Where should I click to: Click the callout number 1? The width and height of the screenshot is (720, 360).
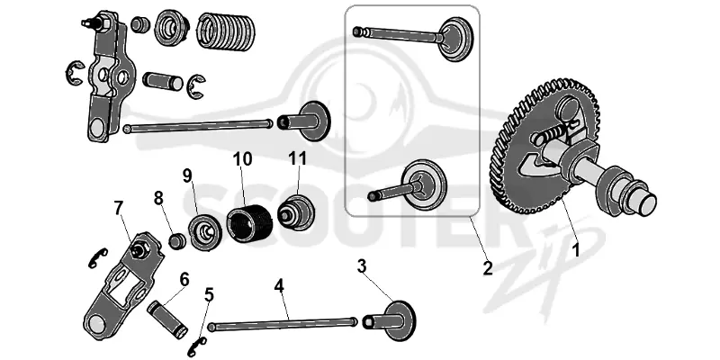pyautogui.click(x=575, y=251)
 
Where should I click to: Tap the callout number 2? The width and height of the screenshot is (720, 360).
pyautogui.click(x=487, y=267)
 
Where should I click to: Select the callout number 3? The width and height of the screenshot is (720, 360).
pyautogui.click(x=362, y=266)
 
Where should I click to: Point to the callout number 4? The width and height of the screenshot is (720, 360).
pyautogui.click(x=279, y=286)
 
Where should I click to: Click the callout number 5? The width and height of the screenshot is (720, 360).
pyautogui.click(x=209, y=295)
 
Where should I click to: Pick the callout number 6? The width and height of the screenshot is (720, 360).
pyautogui.click(x=184, y=279)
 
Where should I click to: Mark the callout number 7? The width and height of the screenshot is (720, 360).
pyautogui.click(x=119, y=208)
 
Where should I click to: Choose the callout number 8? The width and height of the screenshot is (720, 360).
pyautogui.click(x=158, y=199)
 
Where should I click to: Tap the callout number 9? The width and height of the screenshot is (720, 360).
pyautogui.click(x=187, y=175)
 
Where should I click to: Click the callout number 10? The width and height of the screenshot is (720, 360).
pyautogui.click(x=242, y=159)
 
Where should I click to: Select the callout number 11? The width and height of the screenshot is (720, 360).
pyautogui.click(x=297, y=158)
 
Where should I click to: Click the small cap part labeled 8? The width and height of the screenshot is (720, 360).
pyautogui.click(x=177, y=241)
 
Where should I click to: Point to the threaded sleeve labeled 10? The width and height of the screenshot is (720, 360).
pyautogui.click(x=250, y=224)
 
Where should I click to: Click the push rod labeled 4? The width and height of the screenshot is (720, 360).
pyautogui.click(x=283, y=324)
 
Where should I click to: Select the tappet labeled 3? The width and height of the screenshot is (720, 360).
pyautogui.click(x=390, y=321)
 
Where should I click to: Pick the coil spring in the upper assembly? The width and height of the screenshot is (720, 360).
pyautogui.click(x=227, y=31)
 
